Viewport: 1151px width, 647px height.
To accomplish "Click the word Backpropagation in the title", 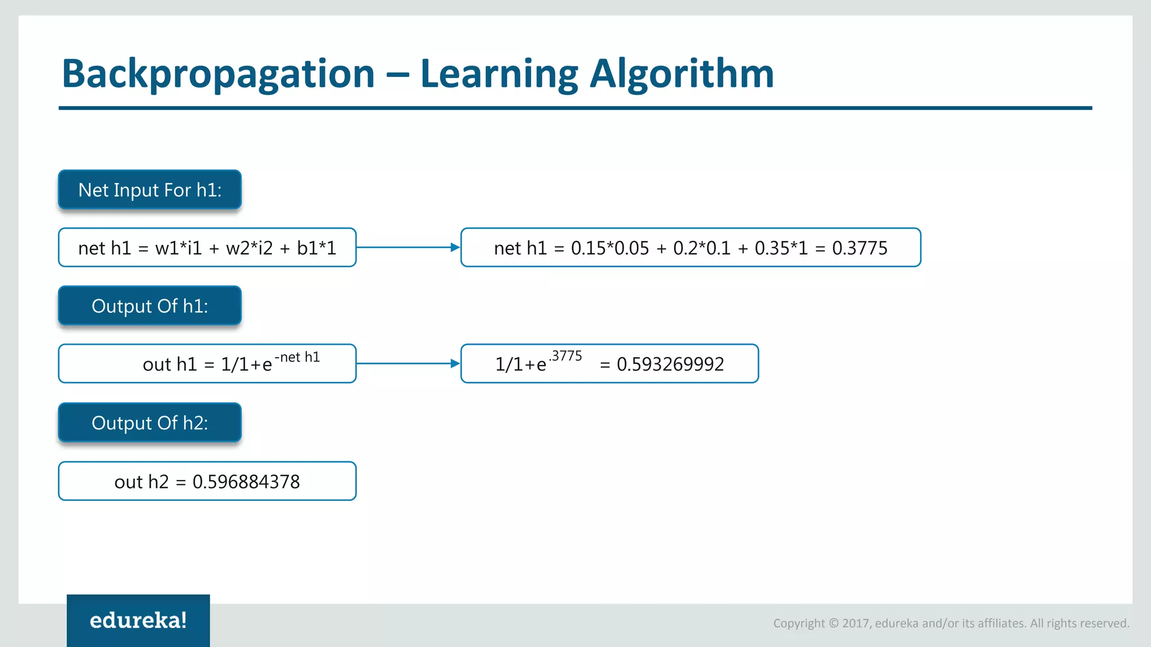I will click(218, 74).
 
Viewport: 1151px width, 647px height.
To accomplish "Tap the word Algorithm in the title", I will click(681, 74).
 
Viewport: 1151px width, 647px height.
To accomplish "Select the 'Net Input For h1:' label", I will click(149, 190).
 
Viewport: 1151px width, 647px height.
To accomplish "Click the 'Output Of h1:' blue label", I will click(149, 306).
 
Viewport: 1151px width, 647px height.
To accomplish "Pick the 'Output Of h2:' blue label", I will click(149, 423).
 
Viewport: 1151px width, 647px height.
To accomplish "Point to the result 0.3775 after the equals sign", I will click(859, 248).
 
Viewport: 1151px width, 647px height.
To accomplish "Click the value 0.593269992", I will click(670, 364).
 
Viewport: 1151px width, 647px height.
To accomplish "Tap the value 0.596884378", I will click(246, 482).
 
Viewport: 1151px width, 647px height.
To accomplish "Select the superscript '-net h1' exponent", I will click(297, 357).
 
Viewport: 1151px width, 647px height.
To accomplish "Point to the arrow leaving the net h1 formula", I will click(408, 247).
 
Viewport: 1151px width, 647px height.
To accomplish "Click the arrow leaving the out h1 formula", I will click(408, 363).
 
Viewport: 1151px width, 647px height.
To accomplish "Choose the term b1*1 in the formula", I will click(316, 248).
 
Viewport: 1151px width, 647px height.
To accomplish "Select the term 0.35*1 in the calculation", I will click(781, 248).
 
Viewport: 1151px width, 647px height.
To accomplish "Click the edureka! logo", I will click(138, 621).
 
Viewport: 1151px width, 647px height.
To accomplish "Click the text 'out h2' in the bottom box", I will click(141, 482).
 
